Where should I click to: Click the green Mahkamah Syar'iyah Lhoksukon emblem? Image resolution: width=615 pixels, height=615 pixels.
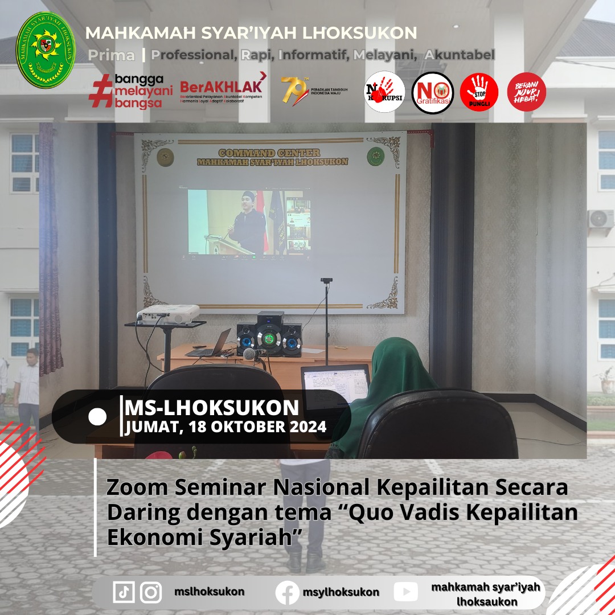click(x=46, y=50)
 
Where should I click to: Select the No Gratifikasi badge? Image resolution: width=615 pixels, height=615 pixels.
click(x=433, y=93)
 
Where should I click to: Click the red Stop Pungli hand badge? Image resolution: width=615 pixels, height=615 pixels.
click(x=479, y=93)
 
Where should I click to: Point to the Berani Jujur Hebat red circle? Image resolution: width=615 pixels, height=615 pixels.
click(x=526, y=92)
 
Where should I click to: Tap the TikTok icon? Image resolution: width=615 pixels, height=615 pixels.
click(x=124, y=592)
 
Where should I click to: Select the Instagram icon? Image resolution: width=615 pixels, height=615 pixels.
click(x=151, y=592)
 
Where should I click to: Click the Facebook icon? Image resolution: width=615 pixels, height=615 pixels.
click(x=288, y=593)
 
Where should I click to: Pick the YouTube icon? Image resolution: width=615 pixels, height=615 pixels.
click(x=405, y=592)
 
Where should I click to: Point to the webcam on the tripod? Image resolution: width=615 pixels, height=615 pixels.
click(x=326, y=281)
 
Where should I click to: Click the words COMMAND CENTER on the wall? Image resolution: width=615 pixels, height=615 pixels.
click(x=269, y=153)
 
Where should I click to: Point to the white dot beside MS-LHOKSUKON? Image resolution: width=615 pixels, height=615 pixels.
click(x=97, y=417)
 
